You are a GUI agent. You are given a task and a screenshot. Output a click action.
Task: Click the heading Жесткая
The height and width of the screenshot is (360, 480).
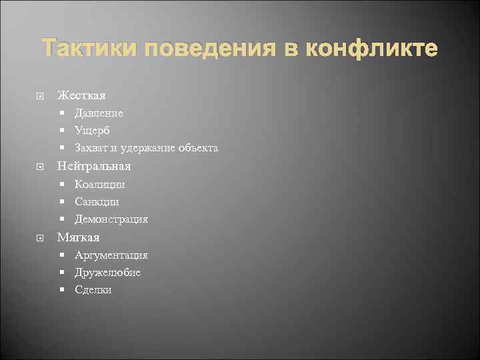(81, 95)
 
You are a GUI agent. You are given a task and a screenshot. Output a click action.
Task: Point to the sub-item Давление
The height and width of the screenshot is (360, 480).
(99, 113)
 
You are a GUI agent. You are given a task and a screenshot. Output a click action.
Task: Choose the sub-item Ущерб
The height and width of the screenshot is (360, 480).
(93, 131)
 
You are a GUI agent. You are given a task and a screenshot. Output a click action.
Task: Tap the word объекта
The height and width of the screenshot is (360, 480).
(197, 148)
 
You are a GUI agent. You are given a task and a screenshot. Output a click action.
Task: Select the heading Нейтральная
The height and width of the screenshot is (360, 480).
(94, 166)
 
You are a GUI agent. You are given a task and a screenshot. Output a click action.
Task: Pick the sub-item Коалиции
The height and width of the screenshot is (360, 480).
(100, 184)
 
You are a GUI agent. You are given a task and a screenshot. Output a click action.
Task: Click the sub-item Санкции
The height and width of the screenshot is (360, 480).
(97, 201)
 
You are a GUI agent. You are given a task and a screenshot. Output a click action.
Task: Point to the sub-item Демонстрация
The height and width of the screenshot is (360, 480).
(111, 219)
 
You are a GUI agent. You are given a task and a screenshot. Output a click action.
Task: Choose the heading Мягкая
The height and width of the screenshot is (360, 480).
(79, 237)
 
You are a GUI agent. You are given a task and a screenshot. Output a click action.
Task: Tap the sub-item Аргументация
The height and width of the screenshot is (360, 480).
(111, 255)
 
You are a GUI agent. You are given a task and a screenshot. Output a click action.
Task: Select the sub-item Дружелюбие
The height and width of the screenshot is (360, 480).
(108, 272)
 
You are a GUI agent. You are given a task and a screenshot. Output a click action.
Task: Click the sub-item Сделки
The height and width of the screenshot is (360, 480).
(93, 290)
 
